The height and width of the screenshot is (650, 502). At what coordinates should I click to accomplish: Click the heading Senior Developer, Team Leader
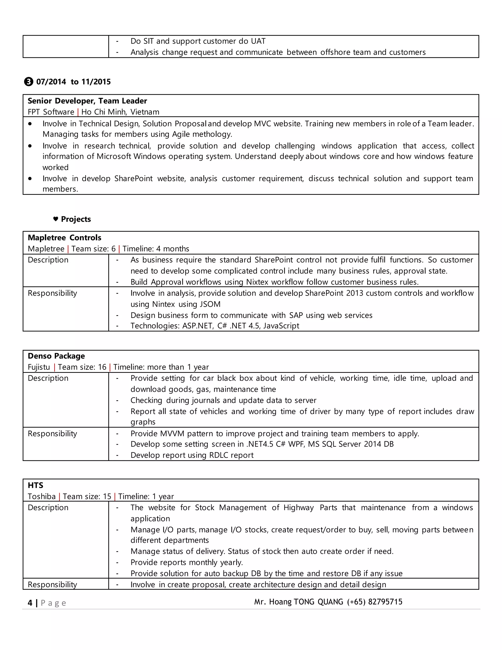(87, 101)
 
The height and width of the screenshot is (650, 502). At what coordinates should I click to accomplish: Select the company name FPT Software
(51, 112)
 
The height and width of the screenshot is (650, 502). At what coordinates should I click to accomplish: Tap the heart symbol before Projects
(56, 219)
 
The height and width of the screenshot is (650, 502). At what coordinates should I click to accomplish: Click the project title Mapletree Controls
(64, 237)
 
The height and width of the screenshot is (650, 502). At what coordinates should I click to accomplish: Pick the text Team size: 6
(93, 248)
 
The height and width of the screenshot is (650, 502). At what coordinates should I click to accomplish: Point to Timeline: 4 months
(156, 248)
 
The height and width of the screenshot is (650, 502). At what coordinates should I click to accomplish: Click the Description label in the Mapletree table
(48, 260)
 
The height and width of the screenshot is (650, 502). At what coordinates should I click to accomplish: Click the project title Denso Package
(56, 356)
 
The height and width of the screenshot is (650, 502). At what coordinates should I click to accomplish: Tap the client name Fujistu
(39, 367)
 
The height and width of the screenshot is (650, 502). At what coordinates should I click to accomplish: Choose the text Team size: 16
(82, 367)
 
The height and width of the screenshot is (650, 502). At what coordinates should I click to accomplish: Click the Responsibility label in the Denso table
(52, 433)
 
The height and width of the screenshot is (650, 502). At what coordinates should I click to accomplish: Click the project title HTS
(35, 485)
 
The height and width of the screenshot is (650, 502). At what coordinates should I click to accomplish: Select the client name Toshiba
(42, 496)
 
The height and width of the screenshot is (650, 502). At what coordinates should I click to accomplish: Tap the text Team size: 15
(87, 496)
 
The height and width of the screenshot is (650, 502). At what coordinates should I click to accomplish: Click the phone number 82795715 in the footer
(385, 602)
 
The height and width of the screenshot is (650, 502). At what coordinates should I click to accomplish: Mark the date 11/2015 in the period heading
(96, 82)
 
